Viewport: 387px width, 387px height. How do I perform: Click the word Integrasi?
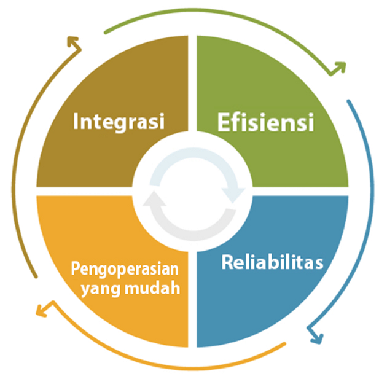(119, 122)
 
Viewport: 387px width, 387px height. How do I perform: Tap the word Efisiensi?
(265, 122)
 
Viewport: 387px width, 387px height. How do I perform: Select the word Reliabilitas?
(272, 262)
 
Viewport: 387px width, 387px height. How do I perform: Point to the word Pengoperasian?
(125, 270)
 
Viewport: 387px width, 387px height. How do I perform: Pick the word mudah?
(152, 287)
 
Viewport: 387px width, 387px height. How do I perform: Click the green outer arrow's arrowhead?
(338, 69)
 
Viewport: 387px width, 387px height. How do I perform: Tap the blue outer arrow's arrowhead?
(315, 335)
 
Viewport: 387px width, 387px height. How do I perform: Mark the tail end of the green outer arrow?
(106, 33)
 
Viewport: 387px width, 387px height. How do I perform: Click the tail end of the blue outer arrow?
(348, 101)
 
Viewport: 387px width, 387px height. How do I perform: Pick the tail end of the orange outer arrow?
(284, 343)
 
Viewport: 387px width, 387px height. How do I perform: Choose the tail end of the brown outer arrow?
(36, 276)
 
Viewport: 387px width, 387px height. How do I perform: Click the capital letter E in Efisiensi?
(225, 122)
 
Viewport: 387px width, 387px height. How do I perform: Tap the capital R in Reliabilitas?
(228, 262)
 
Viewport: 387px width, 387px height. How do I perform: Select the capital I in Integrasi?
(76, 121)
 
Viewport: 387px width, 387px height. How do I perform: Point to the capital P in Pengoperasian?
(76, 268)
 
